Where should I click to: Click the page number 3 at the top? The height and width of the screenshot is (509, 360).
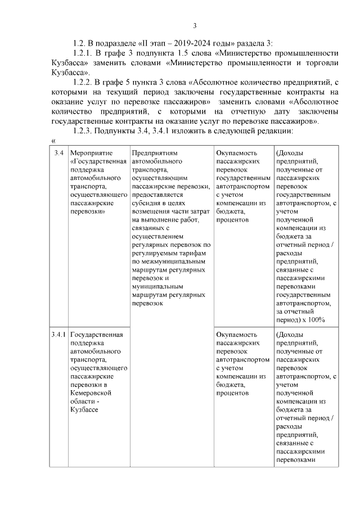195,25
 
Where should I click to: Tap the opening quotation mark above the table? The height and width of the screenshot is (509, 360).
53,141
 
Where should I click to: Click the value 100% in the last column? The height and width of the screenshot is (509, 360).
316,321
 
